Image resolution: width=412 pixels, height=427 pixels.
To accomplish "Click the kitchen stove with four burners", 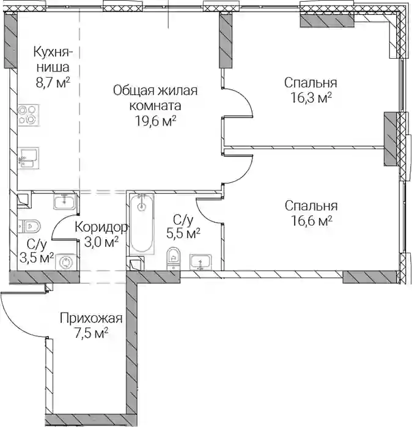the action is (29, 115).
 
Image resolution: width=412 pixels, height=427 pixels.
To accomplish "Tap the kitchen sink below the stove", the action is (29, 158).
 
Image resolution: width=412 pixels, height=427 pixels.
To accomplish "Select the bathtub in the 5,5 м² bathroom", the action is (141, 223).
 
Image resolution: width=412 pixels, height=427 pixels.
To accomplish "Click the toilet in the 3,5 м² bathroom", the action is (29, 226).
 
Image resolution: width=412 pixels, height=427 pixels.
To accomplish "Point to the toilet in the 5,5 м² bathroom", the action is (174, 258).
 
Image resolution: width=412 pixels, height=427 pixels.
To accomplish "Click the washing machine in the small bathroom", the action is (65, 262).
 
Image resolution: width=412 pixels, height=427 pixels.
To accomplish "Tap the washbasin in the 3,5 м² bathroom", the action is (64, 201).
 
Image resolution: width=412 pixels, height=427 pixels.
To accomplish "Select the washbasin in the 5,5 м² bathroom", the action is (200, 262).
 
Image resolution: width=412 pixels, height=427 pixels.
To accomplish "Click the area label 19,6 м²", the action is (155, 121).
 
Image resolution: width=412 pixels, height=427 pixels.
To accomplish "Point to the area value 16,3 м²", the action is (311, 98).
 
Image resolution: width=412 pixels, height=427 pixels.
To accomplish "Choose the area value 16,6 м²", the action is (312, 221).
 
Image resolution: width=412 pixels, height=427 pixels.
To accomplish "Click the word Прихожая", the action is (91, 318).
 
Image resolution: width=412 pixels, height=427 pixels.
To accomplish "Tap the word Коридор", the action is (101, 227).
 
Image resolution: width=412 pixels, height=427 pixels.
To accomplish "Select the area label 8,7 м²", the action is (53, 82).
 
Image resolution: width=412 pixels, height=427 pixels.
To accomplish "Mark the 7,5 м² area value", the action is (92, 333).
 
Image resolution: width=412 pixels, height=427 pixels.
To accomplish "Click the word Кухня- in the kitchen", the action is (53, 52).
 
